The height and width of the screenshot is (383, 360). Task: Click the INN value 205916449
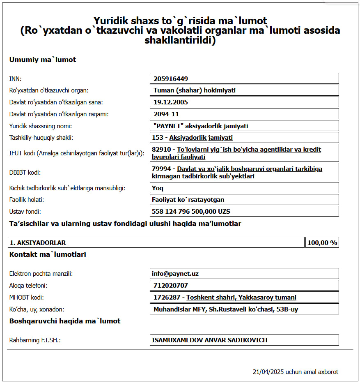(171, 78)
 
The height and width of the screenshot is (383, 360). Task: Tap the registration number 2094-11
(166, 114)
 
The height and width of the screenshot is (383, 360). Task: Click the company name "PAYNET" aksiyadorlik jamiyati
(201, 126)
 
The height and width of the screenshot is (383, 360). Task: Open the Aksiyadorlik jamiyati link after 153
(201, 138)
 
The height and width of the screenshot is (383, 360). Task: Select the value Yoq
(158, 188)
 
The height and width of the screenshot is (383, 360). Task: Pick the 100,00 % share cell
(322, 243)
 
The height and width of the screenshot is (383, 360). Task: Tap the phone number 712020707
(171, 285)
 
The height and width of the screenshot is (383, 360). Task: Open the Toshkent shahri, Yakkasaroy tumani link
(241, 297)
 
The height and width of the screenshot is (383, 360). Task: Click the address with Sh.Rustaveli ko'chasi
(228, 309)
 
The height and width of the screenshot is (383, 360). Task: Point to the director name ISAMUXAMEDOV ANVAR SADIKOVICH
(209, 340)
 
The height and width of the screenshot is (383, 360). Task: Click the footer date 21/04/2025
(268, 372)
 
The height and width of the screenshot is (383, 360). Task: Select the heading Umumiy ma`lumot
(43, 60)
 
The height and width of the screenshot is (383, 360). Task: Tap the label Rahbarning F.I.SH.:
(35, 340)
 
